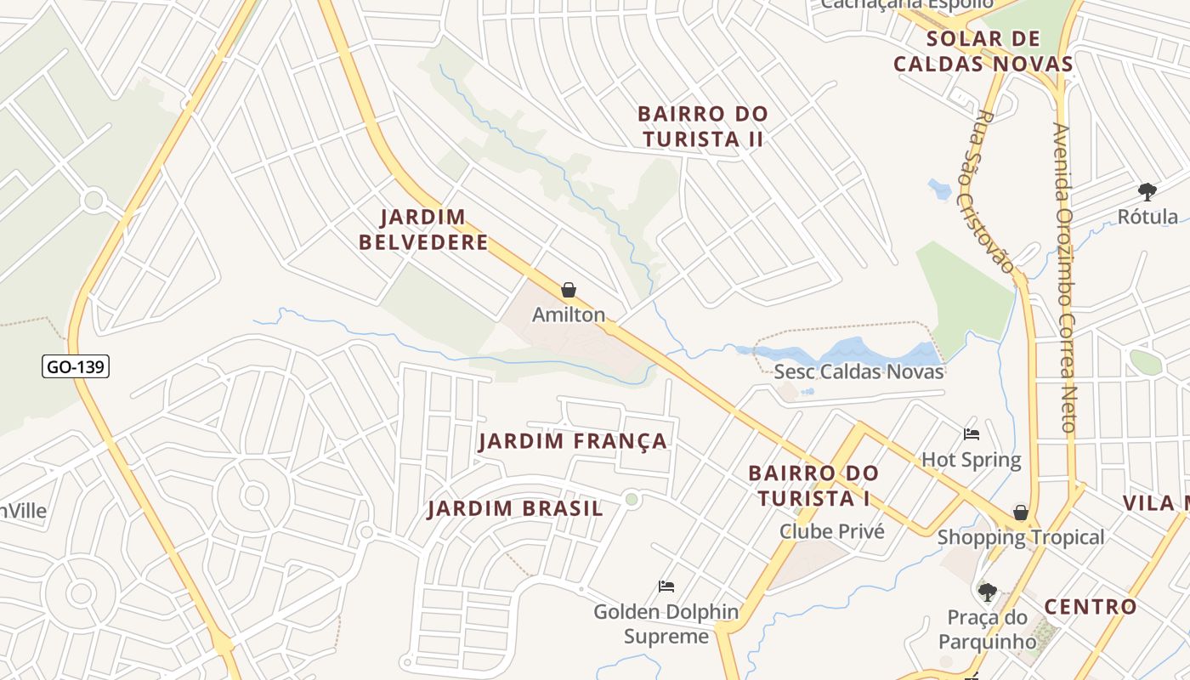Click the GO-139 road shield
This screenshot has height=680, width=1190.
[76, 366]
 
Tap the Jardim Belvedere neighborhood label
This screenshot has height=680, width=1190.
[423, 229]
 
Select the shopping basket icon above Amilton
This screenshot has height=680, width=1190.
[569, 291]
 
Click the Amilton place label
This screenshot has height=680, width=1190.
[569, 314]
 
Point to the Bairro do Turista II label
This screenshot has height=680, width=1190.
[703, 126]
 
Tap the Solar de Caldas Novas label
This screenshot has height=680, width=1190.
[983, 51]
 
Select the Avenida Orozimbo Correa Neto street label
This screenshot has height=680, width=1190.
[1064, 276]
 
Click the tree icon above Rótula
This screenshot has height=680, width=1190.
[1147, 191]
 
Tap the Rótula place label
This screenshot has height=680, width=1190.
[1147, 217]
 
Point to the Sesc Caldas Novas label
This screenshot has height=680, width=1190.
[858, 371]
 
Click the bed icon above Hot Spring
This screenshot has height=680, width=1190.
[972, 434]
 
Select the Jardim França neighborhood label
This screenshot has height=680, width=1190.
[573, 441]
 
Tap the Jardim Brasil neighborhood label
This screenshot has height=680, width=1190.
[515, 509]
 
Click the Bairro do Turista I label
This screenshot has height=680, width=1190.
[813, 485]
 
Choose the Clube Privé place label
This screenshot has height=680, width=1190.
[832, 531]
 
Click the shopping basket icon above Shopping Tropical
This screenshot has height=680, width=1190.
[1021, 513]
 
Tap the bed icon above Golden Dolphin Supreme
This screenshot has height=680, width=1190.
[666, 586]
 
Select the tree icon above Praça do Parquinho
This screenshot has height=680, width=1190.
[987, 592]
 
